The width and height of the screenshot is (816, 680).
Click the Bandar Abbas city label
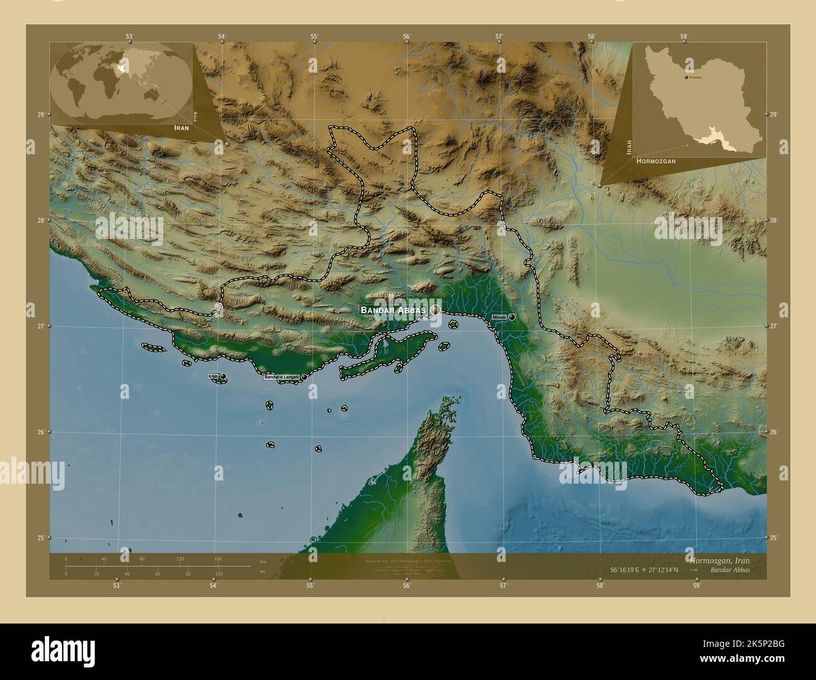coord(393,310)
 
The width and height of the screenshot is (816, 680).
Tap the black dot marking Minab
coord(512,317)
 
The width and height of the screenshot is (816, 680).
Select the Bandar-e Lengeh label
coord(282,377)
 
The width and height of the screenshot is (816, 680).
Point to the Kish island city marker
coord(223,376)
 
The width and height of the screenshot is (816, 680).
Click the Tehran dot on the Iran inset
coord(686,77)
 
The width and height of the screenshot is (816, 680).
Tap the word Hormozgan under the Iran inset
coord(656,161)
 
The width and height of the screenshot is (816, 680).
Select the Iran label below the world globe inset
coord(181,127)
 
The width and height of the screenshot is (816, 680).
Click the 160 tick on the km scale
coord(218,558)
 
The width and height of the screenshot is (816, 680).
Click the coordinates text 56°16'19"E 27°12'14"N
coord(650,570)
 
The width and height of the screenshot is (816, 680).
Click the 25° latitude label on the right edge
coord(773,538)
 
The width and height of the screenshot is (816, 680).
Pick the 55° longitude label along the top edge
coord(314,36)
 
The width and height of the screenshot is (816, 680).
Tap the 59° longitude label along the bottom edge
coord(696,586)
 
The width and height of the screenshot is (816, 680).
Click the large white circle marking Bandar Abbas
coord(435,310)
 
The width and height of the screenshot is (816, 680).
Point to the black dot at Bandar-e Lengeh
coord(304,377)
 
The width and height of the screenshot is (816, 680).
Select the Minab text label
coord(500,317)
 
